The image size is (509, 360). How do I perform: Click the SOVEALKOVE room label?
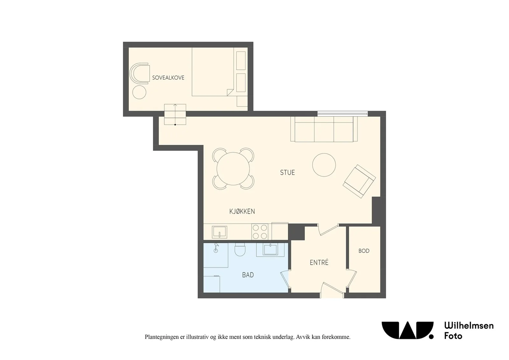coord(168,78)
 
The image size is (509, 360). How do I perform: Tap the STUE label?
coord(288,173)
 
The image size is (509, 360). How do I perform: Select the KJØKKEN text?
coord(242,211)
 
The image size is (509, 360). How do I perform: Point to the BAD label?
coord(248,275)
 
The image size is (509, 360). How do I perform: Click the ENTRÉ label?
coord(319,262)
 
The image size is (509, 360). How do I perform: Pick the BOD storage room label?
coord(364,251)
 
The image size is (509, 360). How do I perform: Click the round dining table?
coord(233,169)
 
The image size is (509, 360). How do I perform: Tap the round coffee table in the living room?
coord(324,165)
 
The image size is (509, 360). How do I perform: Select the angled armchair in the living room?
coord(359,181)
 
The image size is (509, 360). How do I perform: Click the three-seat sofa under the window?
coord(324,129)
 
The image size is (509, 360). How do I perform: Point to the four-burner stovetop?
coord(260,232)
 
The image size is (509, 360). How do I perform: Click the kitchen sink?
coord(220,232)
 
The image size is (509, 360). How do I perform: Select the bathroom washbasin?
coord(270,250)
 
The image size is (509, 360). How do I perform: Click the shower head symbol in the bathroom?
coord(216,247)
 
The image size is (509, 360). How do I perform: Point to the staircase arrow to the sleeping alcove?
coord(175,114)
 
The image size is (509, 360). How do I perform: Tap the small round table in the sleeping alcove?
coord(139,92)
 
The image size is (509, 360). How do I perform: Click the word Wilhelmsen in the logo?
coord(469,326)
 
